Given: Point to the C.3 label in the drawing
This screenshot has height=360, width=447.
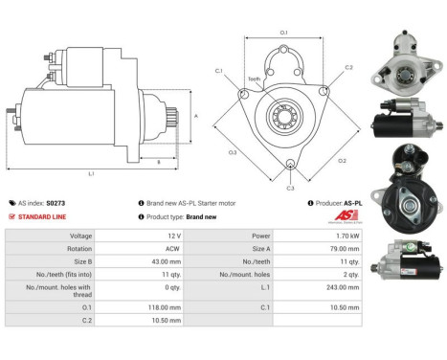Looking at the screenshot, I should [x=290, y=189].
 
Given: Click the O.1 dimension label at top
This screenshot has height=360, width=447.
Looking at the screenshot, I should [x=284, y=34].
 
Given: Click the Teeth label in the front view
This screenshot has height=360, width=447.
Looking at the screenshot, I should [x=255, y=79].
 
